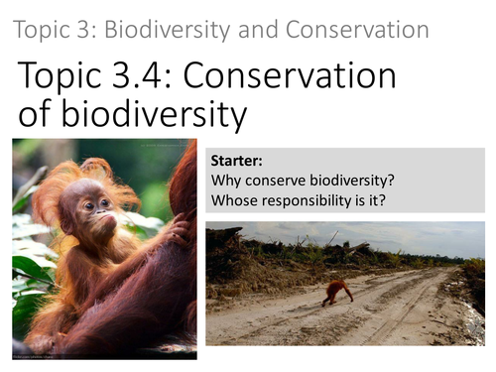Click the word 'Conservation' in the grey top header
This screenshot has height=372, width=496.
click(359, 29)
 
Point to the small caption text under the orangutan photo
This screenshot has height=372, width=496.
click(41, 354)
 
